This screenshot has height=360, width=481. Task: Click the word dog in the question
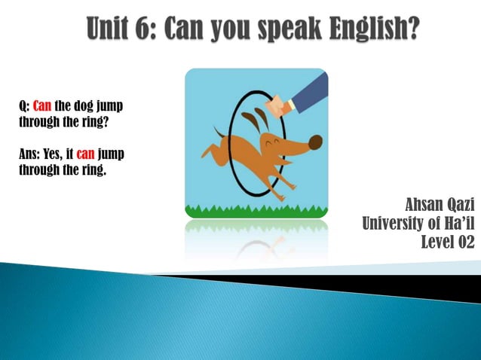tap(80, 105)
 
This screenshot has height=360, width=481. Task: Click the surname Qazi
tap(461, 204)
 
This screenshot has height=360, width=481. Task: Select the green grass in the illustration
tap(256, 210)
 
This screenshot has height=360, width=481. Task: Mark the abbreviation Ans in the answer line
tap(27, 154)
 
